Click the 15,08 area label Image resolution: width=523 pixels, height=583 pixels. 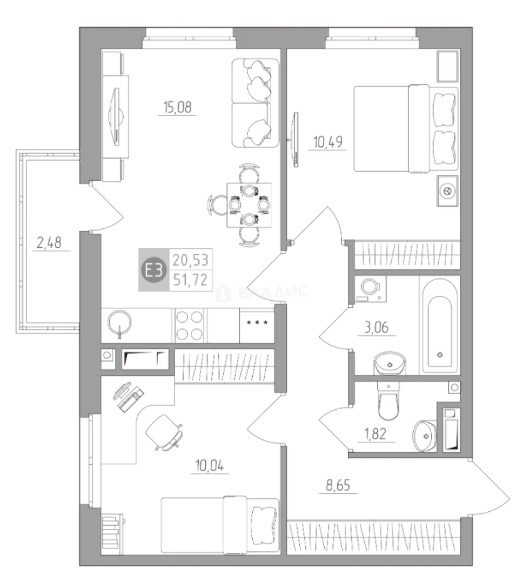(x=177, y=107)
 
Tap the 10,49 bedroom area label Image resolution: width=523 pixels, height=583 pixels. (x=327, y=142)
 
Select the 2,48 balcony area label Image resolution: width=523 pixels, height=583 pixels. (x=49, y=243)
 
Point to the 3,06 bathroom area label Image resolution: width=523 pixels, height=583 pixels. (x=376, y=328)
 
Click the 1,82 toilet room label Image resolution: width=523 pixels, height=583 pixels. (x=376, y=434)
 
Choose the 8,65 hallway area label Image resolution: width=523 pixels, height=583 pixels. (x=338, y=485)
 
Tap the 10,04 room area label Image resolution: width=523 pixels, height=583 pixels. (x=210, y=465)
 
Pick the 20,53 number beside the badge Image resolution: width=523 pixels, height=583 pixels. (x=191, y=260)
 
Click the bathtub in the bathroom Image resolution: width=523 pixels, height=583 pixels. (x=440, y=324)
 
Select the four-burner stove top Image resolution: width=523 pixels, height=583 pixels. (x=189, y=326)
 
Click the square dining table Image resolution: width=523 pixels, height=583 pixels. (x=249, y=205)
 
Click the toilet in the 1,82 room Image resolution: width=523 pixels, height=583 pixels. (x=388, y=401)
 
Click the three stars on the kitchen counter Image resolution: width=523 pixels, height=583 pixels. (x=257, y=323)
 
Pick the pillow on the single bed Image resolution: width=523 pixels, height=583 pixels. (x=264, y=525)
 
